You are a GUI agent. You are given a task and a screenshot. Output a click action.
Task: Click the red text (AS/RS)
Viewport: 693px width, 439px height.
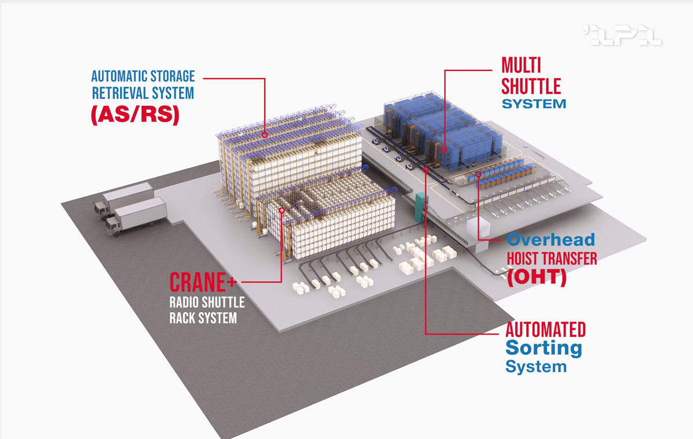(x=135, y=114)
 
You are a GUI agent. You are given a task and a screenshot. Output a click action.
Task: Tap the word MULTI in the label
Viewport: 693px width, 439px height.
(x=521, y=65)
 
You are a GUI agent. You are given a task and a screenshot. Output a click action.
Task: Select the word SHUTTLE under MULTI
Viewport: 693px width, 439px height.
(x=531, y=86)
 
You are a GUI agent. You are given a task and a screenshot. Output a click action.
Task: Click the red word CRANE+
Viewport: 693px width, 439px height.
(x=198, y=283)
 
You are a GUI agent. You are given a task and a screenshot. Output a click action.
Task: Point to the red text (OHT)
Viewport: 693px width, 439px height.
(x=536, y=277)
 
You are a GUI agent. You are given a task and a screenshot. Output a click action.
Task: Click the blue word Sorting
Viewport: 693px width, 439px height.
(x=543, y=348)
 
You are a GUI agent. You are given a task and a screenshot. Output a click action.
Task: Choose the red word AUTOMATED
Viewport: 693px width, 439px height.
(x=545, y=330)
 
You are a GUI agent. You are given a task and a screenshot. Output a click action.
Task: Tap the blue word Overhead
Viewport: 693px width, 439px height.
(x=550, y=240)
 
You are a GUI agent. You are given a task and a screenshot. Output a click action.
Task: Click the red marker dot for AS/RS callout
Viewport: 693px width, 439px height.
(x=264, y=134)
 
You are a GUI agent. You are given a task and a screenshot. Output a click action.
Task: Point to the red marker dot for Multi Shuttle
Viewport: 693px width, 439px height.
(x=445, y=149)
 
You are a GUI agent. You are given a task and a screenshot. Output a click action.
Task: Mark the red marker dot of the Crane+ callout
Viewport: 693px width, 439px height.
(x=282, y=211)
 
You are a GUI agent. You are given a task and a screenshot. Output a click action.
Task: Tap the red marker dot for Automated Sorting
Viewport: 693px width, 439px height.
(x=426, y=170)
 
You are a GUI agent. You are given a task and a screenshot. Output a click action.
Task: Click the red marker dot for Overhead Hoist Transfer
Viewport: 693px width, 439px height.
(x=478, y=174)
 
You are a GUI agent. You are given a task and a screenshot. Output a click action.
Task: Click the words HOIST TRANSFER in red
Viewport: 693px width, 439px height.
(x=552, y=258)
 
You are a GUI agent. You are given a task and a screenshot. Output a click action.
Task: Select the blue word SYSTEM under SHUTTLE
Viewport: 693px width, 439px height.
(x=534, y=104)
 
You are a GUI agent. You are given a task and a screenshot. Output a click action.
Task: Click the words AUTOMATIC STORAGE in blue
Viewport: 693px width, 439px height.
(x=143, y=76)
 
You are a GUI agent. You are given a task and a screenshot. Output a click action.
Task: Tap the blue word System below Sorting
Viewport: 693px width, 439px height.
(x=535, y=366)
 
